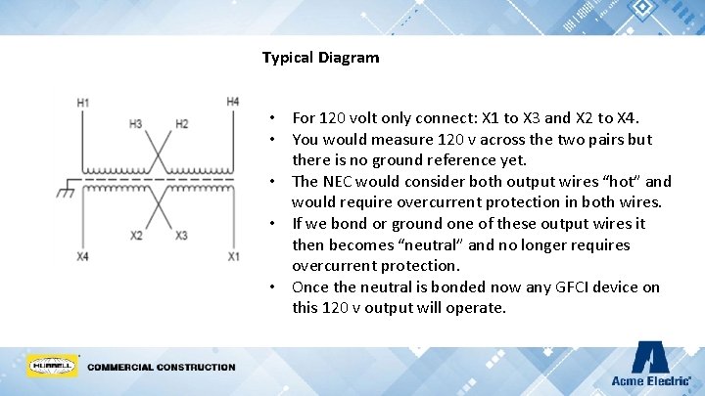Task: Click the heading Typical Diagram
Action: point(320,58)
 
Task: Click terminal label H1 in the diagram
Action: point(83,103)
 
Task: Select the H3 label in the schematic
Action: point(135,124)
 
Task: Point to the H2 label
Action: point(181,124)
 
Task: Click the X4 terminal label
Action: point(83,256)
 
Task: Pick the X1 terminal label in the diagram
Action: point(233,256)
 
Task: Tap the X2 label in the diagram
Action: point(136,236)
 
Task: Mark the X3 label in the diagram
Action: point(181,236)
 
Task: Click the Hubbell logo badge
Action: point(52,367)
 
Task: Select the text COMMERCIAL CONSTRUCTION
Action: point(162,368)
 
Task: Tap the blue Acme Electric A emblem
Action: point(650,358)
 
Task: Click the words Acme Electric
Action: point(650,380)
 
